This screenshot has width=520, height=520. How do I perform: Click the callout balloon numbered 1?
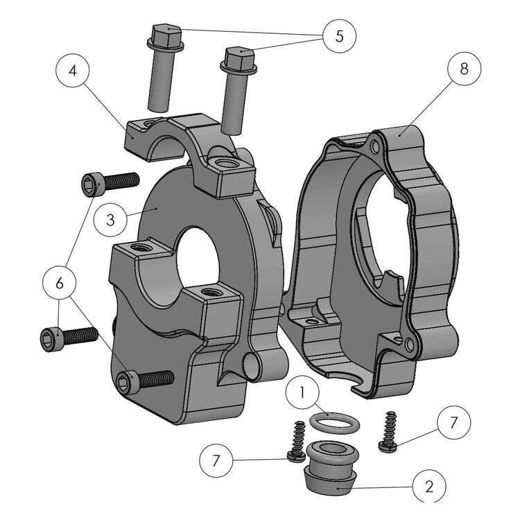(302, 392)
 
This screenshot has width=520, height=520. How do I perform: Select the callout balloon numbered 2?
(429, 486)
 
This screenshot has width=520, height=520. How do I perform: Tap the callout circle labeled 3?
(110, 220)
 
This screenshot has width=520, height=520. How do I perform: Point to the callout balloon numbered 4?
(73, 71)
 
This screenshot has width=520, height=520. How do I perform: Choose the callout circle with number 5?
(339, 36)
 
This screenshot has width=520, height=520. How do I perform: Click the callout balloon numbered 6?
(60, 283)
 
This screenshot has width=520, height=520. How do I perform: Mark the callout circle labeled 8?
(464, 69)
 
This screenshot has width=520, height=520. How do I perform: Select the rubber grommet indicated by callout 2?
(331, 467)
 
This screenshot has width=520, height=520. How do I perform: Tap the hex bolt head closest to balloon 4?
(166, 37)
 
